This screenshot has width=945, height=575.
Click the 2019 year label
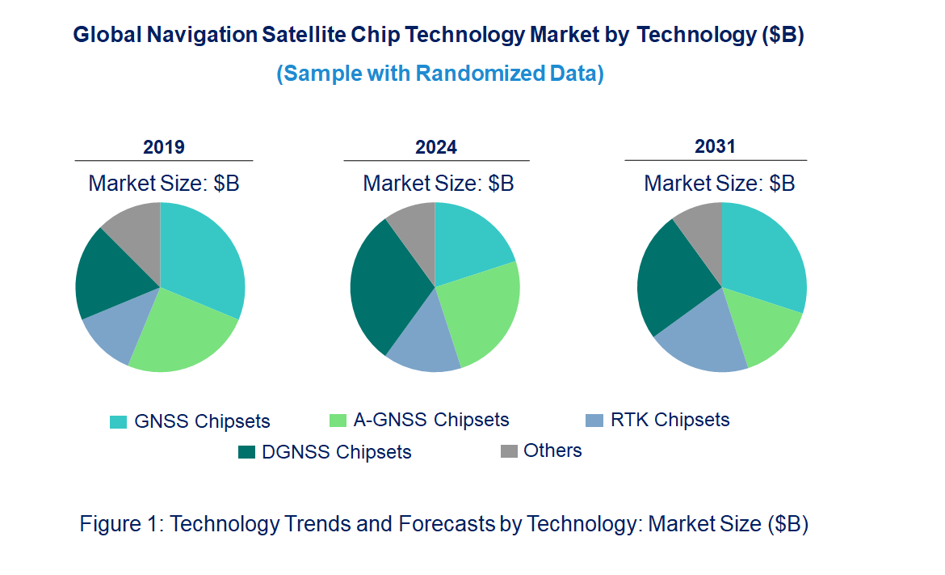coord(164,147)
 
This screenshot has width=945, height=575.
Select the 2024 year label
coord(436,147)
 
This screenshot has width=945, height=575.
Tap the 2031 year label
coord(716,146)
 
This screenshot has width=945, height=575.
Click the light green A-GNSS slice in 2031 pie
coord(763,332)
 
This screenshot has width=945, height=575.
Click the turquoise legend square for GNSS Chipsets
coord(119,421)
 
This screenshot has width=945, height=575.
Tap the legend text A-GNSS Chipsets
coord(431,420)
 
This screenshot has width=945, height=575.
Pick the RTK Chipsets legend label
coord(670,420)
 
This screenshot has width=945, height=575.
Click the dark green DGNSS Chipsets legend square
coord(246,452)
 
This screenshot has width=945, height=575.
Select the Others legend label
coord(552,450)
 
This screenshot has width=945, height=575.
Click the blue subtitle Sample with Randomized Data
coord(440,74)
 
